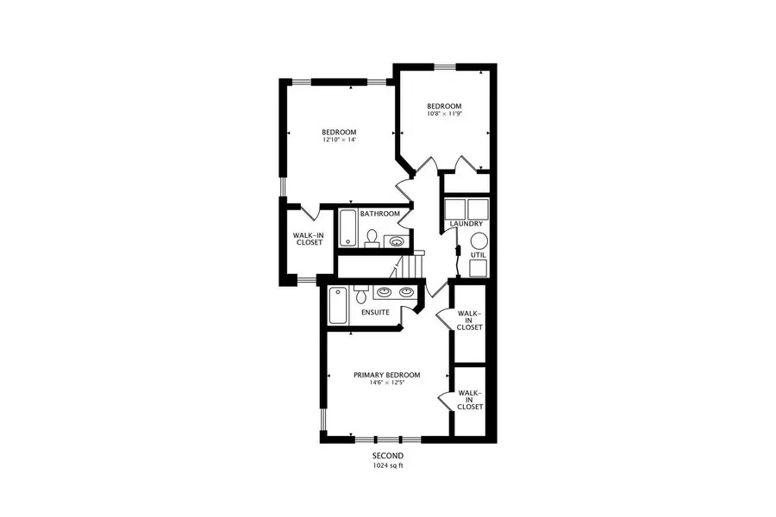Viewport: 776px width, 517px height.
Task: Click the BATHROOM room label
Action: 380,214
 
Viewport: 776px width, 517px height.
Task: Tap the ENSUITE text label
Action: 375,312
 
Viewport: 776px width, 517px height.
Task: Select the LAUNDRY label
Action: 466,225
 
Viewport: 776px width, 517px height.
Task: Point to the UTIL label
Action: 478,255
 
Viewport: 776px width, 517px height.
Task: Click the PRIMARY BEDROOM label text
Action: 387,375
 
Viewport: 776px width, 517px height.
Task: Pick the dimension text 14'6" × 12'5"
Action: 387,383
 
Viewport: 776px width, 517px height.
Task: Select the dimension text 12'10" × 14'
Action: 340,140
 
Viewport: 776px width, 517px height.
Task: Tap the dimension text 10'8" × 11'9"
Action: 445,114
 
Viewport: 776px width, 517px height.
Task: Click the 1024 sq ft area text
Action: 387,465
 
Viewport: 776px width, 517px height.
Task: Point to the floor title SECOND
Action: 387,455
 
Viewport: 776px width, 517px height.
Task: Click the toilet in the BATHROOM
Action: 372,237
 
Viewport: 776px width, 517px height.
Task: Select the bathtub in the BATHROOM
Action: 347,228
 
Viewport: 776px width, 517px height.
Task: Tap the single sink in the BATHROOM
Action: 397,242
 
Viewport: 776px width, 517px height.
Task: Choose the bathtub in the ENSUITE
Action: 337,305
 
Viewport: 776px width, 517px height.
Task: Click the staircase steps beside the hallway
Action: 416,266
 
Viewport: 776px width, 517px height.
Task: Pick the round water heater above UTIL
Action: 478,240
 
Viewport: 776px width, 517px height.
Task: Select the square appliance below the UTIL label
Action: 477,267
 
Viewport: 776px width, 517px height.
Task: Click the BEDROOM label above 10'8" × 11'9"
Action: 445,106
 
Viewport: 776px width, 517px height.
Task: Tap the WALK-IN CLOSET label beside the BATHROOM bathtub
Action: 309,238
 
